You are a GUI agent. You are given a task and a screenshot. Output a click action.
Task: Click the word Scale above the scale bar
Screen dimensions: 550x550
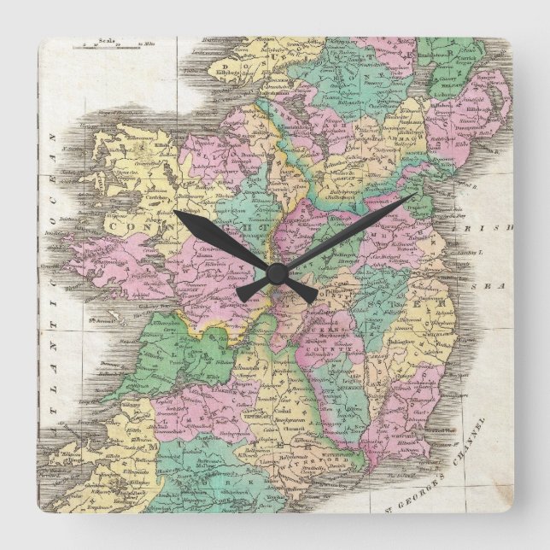point(106,39)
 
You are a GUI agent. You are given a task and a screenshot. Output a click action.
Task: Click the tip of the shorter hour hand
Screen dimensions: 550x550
point(175,212)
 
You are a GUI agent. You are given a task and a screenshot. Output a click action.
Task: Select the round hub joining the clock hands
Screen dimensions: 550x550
point(275,273)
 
